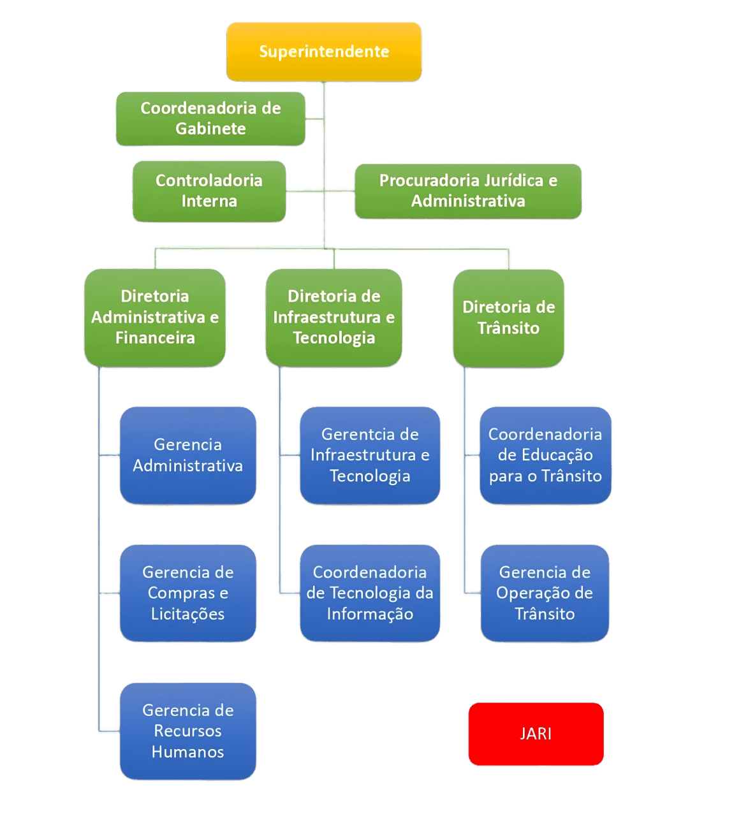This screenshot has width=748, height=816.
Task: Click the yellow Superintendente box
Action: point(323,52)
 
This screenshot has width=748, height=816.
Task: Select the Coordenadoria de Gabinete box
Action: point(210,119)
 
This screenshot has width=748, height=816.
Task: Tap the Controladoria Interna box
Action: point(209,191)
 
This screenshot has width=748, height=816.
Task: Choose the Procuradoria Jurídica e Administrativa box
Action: point(468,191)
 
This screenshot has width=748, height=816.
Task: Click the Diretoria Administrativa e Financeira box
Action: point(155,317)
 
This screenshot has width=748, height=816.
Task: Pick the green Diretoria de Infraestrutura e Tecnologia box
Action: point(334,317)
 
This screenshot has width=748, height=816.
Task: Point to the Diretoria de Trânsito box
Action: point(508,318)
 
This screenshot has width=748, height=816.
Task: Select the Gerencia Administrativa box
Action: point(187,455)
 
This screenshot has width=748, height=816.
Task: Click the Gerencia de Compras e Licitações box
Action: point(187,593)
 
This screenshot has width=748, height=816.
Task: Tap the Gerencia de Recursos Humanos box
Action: point(187,731)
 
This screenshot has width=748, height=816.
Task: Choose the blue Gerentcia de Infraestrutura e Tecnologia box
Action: point(370,455)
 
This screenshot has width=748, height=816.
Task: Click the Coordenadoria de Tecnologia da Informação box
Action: point(370,593)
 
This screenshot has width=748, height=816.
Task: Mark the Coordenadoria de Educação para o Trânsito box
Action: point(545,455)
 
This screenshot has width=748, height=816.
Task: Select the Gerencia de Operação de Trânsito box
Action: point(545,593)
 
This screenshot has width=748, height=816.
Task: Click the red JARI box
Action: point(536,734)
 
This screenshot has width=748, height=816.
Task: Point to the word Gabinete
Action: point(210,129)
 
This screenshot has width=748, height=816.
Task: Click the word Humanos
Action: point(187,752)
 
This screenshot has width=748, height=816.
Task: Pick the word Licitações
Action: point(187,615)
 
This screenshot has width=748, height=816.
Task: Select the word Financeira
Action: point(155,338)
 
